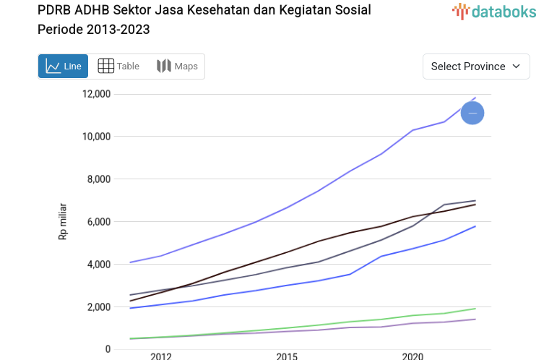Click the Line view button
[63, 67]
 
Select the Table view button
[118, 67]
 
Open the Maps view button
[177, 67]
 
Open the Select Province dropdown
[475, 67]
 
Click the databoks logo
[494, 11]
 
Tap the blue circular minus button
[472, 113]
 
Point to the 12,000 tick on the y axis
[95, 94]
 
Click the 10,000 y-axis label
[95, 137]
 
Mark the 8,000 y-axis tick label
[98, 179]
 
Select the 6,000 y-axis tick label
[98, 222]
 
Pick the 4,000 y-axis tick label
[98, 265]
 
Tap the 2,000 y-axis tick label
[98, 307]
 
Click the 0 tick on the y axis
[108, 350]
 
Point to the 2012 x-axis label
[160, 356]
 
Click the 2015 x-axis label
[287, 356]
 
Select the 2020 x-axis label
[413, 356]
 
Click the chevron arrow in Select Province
[516, 67]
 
